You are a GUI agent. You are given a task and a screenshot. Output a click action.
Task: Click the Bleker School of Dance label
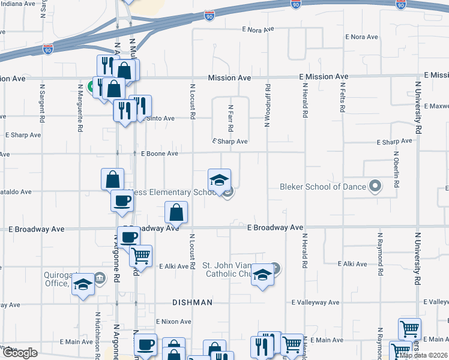pyautogui.click(x=323, y=187)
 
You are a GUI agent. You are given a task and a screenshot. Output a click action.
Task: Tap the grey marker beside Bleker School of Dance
pyautogui.click(x=376, y=186)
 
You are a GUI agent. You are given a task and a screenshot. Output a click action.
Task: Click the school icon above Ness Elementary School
pyautogui.click(x=220, y=180)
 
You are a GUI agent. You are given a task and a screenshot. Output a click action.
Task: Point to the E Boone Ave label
pyautogui.click(x=160, y=154)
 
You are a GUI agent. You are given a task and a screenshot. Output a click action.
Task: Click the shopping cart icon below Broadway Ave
pyautogui.click(x=140, y=256)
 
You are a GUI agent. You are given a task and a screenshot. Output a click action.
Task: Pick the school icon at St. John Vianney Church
pyautogui.click(x=262, y=275)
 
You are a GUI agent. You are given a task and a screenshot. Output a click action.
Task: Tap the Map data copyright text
pyautogui.click(x=423, y=355)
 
